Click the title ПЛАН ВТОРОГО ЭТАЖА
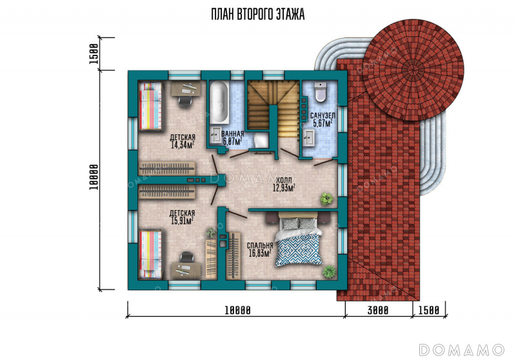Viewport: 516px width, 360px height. pyautogui.click(x=257, y=14)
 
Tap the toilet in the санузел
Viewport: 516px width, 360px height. pyautogui.click(x=320, y=92)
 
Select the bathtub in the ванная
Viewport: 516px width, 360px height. pyautogui.click(x=219, y=103)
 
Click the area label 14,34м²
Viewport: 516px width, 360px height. pyautogui.click(x=182, y=145)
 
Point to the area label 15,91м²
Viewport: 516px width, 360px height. pyautogui.click(x=182, y=221)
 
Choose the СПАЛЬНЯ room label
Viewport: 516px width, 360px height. pyautogui.click(x=260, y=246)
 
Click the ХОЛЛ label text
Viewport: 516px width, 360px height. pyautogui.click(x=284, y=180)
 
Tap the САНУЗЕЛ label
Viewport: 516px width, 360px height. pyautogui.click(x=322, y=116)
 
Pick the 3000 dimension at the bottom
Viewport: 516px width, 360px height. pyautogui.click(x=378, y=310)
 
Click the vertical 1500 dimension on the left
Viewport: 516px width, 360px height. pyautogui.click(x=94, y=54)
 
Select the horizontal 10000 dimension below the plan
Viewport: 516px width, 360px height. pyautogui.click(x=237, y=310)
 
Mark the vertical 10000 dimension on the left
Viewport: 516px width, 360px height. pyautogui.click(x=94, y=177)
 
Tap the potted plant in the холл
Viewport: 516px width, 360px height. pyautogui.click(x=326, y=199)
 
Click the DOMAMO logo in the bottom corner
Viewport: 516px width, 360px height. pyautogui.click(x=462, y=350)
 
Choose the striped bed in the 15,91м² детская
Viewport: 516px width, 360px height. pyautogui.click(x=150, y=254)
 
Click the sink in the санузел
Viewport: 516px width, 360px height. pyautogui.click(x=309, y=137)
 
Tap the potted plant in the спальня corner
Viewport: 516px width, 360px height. pyautogui.click(x=329, y=272)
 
